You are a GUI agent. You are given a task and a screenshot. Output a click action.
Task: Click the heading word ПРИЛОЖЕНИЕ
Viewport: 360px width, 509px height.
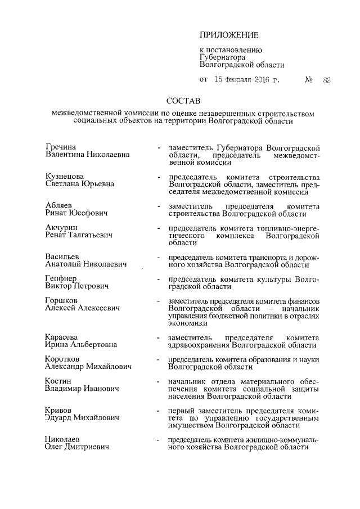(228, 35)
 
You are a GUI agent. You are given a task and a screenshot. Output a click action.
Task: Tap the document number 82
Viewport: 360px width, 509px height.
(326, 80)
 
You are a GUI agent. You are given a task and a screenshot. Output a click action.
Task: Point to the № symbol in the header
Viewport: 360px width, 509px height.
(308, 80)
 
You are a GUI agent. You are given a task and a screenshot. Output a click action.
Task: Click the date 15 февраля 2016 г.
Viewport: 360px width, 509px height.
(247, 80)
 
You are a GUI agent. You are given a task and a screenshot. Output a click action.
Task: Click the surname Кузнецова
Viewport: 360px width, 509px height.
(64, 176)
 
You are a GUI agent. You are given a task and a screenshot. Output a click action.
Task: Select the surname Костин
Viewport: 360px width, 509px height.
(58, 381)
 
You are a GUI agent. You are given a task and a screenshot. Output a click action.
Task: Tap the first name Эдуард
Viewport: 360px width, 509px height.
(60, 418)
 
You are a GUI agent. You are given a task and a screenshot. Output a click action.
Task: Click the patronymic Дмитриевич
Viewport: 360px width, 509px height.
(87, 447)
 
